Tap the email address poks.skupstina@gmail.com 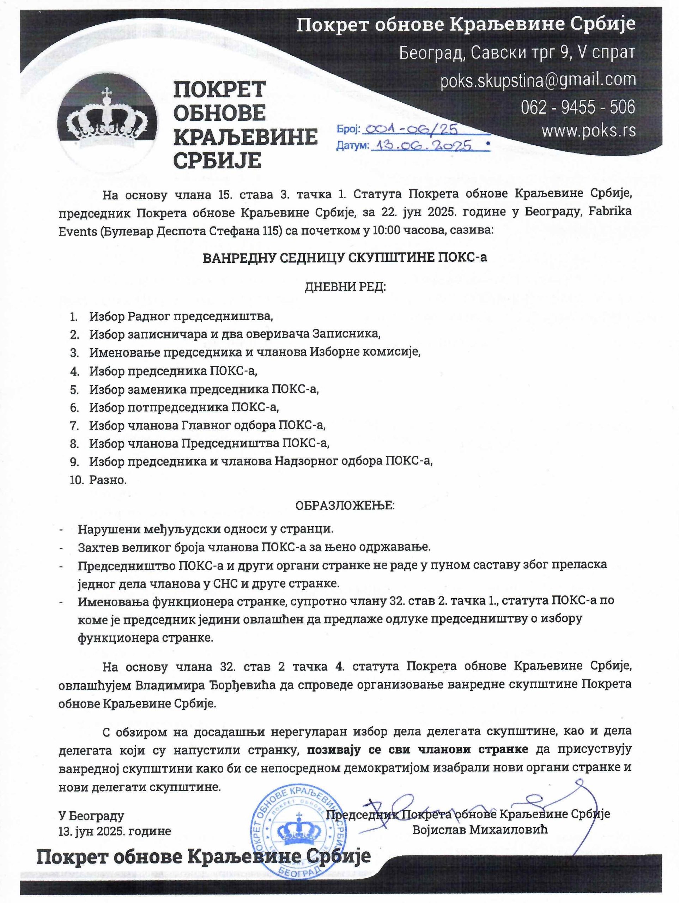(538, 80)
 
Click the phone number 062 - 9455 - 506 (578, 107)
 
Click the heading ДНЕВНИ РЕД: (345, 287)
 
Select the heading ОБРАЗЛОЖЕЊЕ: (345, 506)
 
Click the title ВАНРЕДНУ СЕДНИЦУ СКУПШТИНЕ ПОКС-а (345, 258)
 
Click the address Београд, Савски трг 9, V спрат (517, 53)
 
